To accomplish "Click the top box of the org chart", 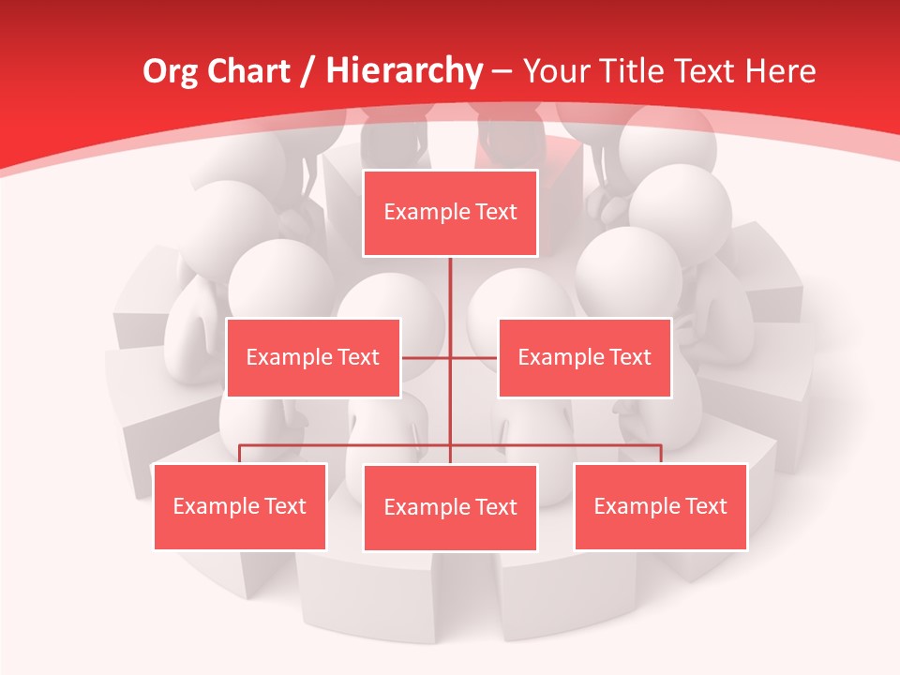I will click(450, 213).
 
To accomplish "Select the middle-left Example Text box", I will click(313, 357).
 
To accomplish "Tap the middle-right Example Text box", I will click(584, 357).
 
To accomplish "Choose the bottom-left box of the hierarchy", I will click(240, 506).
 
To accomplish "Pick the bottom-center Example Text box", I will click(450, 507).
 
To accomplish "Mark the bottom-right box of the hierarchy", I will click(660, 506).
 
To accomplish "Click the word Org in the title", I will click(166, 71).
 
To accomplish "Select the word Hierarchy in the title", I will click(403, 71).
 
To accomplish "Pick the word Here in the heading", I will click(780, 71).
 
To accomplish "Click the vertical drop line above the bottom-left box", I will click(240, 454).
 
